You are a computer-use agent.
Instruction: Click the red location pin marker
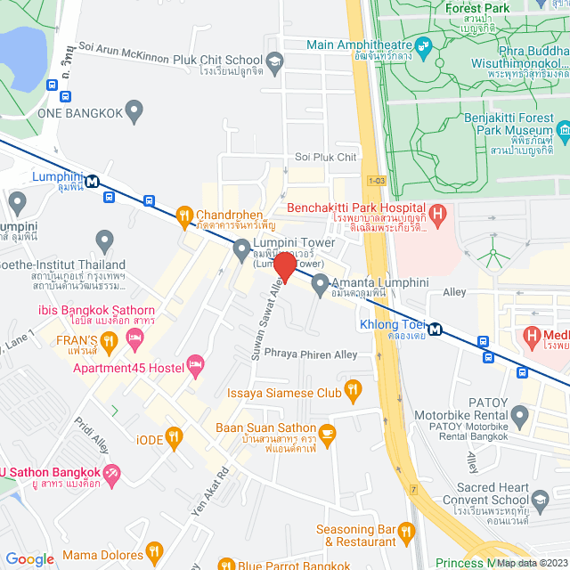[x=284, y=267]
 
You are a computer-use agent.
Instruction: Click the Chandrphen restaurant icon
[x=183, y=215]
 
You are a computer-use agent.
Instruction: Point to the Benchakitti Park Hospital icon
[x=437, y=214]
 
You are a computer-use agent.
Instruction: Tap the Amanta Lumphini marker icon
[x=320, y=282]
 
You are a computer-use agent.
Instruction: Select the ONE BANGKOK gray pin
[x=134, y=111]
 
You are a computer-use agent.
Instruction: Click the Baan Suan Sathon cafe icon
[x=327, y=434]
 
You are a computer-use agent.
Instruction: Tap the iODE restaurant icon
[x=174, y=436]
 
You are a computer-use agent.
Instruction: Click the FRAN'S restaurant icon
[x=109, y=339]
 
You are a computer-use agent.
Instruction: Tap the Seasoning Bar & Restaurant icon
[x=406, y=532]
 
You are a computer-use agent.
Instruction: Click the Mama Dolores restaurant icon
[x=155, y=551]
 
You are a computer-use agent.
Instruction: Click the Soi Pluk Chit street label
[x=325, y=158]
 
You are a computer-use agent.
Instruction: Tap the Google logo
[x=29, y=558]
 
